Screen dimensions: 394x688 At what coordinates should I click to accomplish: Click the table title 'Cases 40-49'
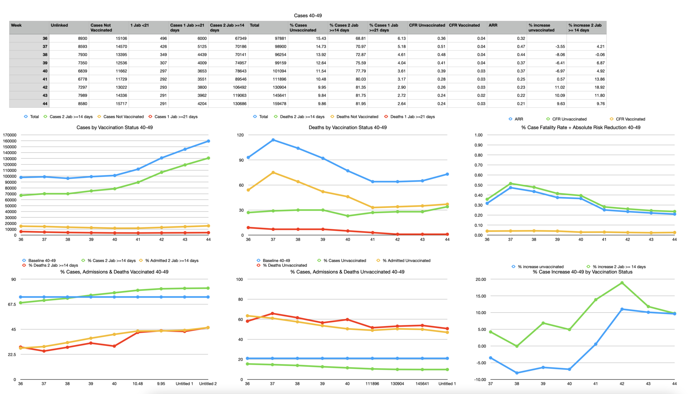[x=307, y=16]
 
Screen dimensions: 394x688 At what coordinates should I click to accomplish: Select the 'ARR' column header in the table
[x=493, y=25]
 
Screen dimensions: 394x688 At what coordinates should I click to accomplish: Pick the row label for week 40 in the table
[x=45, y=71]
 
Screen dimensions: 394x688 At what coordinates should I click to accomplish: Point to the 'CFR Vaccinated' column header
[x=464, y=25]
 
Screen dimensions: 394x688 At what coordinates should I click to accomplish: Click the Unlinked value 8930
[x=81, y=38]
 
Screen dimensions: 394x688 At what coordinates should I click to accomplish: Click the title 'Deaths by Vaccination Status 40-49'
[x=347, y=128]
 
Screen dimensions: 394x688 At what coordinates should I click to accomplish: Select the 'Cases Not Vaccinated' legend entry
[x=123, y=117]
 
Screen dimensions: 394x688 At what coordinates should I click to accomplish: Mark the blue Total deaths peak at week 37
[x=273, y=140]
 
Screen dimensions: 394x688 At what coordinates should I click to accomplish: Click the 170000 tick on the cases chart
[x=9, y=135]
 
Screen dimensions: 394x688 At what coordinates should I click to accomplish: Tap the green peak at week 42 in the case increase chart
[x=622, y=283]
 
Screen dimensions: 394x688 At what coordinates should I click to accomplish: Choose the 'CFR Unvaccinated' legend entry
[x=569, y=119]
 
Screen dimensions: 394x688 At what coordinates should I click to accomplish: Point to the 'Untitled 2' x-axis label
[x=208, y=384]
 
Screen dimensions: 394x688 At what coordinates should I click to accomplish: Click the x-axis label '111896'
[x=372, y=384]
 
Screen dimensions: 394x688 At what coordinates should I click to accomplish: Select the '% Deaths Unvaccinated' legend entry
[x=285, y=265]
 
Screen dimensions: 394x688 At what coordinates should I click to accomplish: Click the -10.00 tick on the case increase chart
[x=480, y=380]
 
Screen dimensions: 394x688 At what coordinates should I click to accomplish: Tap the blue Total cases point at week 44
[x=208, y=141]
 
